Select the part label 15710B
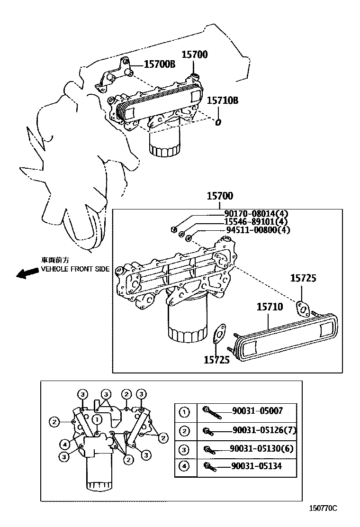click(222, 100)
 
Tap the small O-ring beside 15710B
click(218, 123)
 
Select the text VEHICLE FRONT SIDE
click(75, 269)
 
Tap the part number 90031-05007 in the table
click(257, 411)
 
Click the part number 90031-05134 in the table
click(257, 466)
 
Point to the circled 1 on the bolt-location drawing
click(97, 419)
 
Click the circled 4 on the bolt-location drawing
click(65, 444)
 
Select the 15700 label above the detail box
click(219, 196)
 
